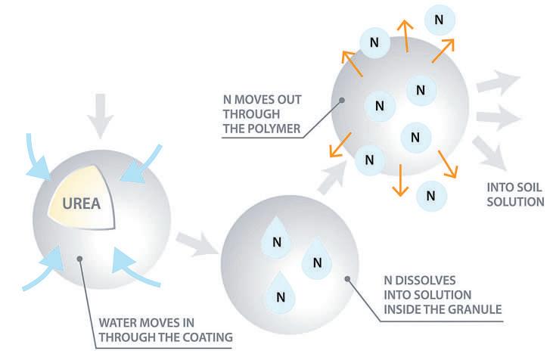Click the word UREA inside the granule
79,203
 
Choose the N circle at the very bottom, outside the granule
430,194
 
